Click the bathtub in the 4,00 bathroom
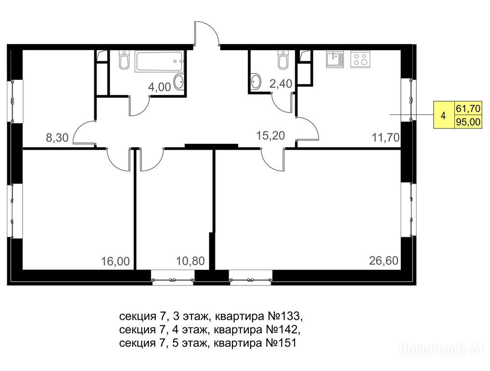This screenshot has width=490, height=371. coord(159,62)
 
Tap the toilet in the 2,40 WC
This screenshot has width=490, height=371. coord(283,60)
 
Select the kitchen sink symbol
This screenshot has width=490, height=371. coord(335,59)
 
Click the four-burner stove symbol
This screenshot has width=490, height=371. coord(360,59)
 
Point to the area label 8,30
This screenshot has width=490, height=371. coord(57,138)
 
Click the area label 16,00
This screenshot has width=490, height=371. coord(115,261)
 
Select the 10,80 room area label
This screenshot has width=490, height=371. coord(191,261)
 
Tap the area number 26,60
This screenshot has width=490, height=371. coord(384,260)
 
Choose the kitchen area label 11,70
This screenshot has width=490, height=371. coord(386,137)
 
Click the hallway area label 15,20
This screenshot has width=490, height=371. coord(271,136)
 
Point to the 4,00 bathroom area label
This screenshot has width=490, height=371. coord(159,87)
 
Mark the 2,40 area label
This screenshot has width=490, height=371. coord(281,84)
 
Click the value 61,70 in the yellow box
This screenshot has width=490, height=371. coord(468,109)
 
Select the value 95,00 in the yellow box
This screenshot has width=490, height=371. coord(468,121)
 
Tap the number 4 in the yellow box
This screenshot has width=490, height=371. coord(443,115)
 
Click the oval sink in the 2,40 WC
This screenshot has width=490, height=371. coord(255,82)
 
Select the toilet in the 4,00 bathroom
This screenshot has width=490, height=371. coord(124,60)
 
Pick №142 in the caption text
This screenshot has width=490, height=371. coord(283,329)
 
